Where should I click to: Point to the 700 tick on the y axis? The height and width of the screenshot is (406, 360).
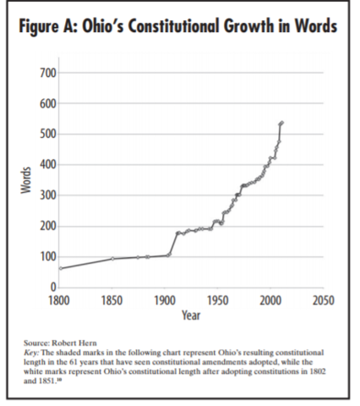[x=47, y=74]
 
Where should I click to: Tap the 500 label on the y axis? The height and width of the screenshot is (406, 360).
[x=47, y=134]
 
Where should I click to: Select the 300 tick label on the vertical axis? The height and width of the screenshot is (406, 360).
[x=47, y=195]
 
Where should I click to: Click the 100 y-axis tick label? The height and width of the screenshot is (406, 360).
[x=47, y=256]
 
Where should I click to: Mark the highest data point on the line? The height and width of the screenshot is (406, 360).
[x=281, y=123]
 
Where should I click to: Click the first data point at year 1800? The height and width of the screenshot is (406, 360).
[x=59, y=268]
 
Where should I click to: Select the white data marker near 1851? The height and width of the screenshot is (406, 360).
[x=113, y=259]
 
